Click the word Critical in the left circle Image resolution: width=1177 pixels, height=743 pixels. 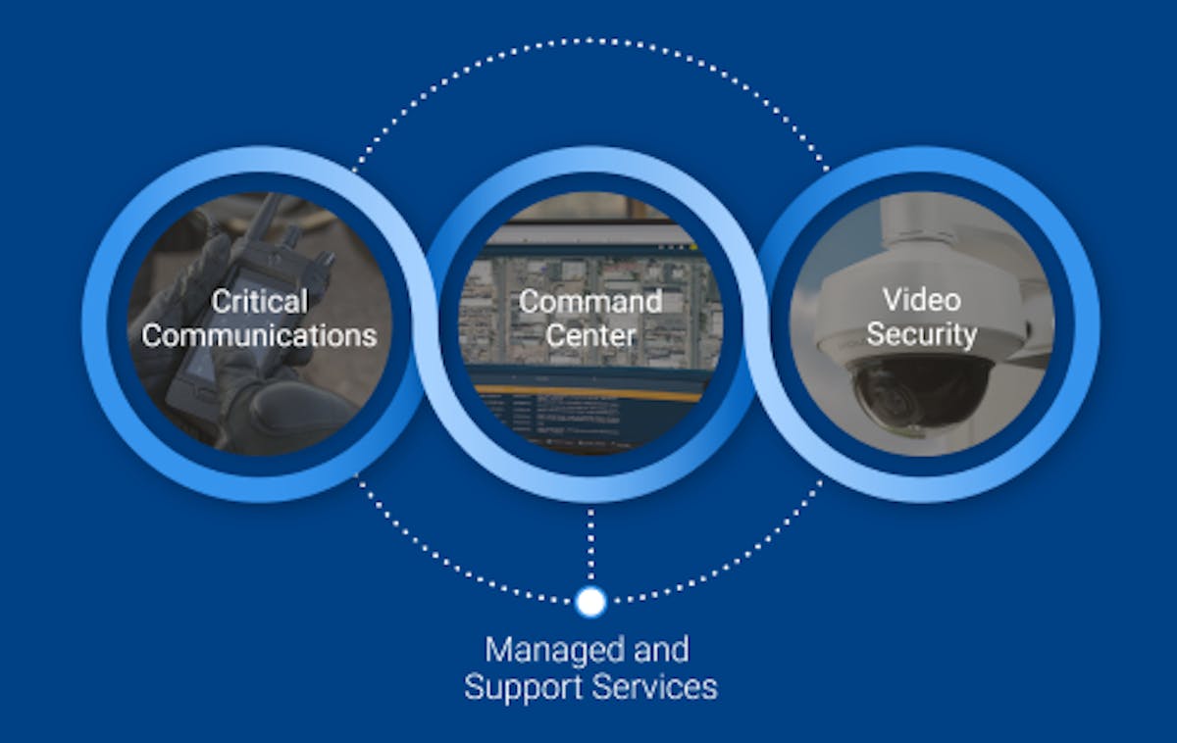[x=259, y=301]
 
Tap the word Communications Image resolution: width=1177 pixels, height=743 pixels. [x=259, y=335]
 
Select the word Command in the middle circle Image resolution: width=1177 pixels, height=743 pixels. [x=589, y=301]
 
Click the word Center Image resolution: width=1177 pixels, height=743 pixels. [x=589, y=335]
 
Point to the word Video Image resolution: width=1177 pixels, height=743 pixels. [x=921, y=299]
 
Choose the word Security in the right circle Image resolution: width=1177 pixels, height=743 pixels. [x=921, y=334]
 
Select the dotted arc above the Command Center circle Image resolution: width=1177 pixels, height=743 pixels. [x=589, y=40]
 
